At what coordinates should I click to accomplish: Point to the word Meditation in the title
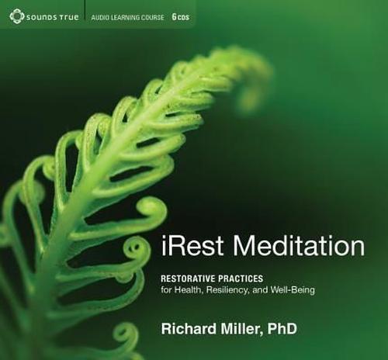pos(300,247)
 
